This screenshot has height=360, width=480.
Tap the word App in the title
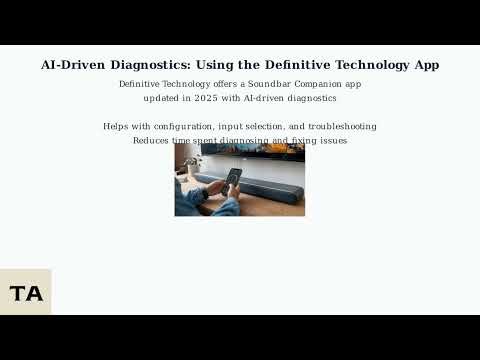[x=425, y=65]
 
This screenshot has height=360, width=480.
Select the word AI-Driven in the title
[x=75, y=65]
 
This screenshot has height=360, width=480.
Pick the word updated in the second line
[x=163, y=99]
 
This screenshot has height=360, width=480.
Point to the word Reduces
[x=152, y=141]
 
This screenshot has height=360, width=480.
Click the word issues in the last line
[x=332, y=141]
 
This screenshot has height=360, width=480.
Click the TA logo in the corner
[x=25, y=293]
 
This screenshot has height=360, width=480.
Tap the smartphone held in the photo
[x=232, y=179]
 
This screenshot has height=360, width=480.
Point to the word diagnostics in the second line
[x=308, y=99]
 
